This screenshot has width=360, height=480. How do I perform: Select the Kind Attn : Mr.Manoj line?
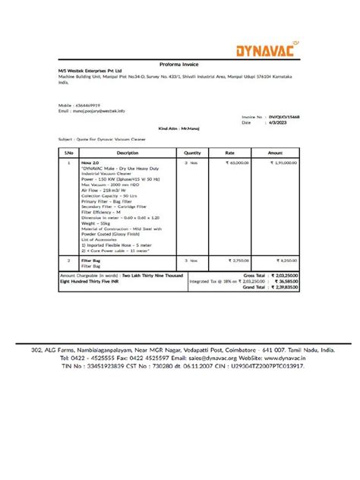point(179,129)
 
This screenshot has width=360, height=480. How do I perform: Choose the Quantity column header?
point(192,153)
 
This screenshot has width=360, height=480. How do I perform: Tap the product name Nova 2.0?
point(90,163)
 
